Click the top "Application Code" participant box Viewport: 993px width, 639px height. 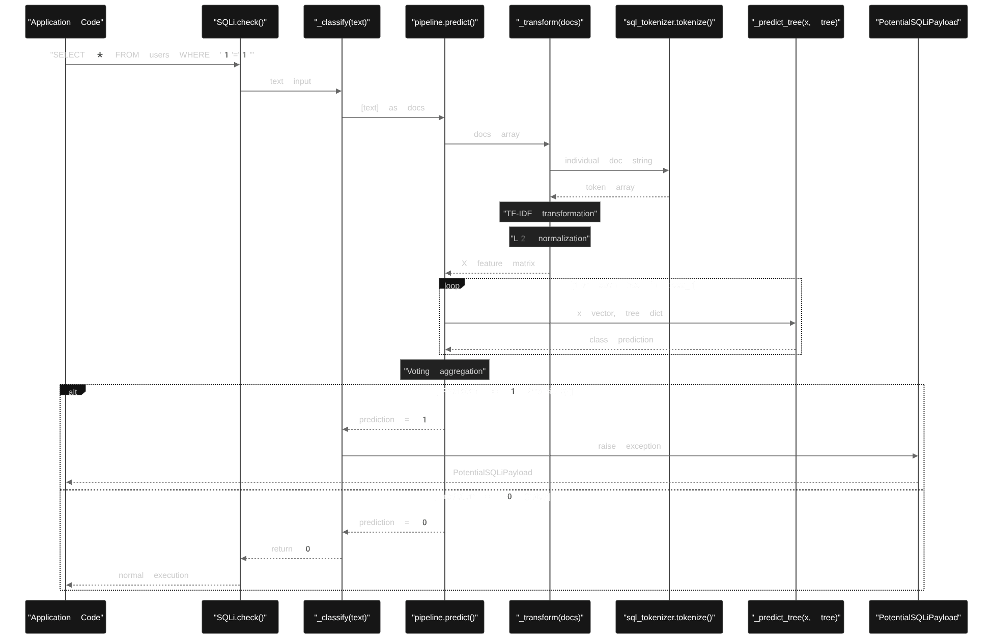coord(66,22)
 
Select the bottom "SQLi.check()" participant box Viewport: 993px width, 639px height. coord(240,617)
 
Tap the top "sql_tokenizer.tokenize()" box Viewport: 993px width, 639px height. coord(669,22)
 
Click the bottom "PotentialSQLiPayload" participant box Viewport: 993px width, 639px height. coord(918,617)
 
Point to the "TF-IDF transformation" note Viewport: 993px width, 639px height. coord(550,213)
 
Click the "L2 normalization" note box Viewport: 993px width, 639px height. coord(550,238)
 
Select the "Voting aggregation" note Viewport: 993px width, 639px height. coord(444,370)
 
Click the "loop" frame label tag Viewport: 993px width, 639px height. coord(451,285)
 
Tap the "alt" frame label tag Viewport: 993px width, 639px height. coord(72,391)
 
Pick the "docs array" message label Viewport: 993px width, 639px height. coord(496,134)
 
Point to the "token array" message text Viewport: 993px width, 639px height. coord(610,187)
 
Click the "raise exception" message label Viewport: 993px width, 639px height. coord(629,446)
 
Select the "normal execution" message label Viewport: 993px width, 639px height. coord(153,575)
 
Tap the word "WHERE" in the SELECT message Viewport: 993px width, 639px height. coord(194,55)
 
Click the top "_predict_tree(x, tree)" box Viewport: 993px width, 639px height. coord(796,22)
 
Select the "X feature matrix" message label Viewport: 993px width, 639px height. coord(498,264)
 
